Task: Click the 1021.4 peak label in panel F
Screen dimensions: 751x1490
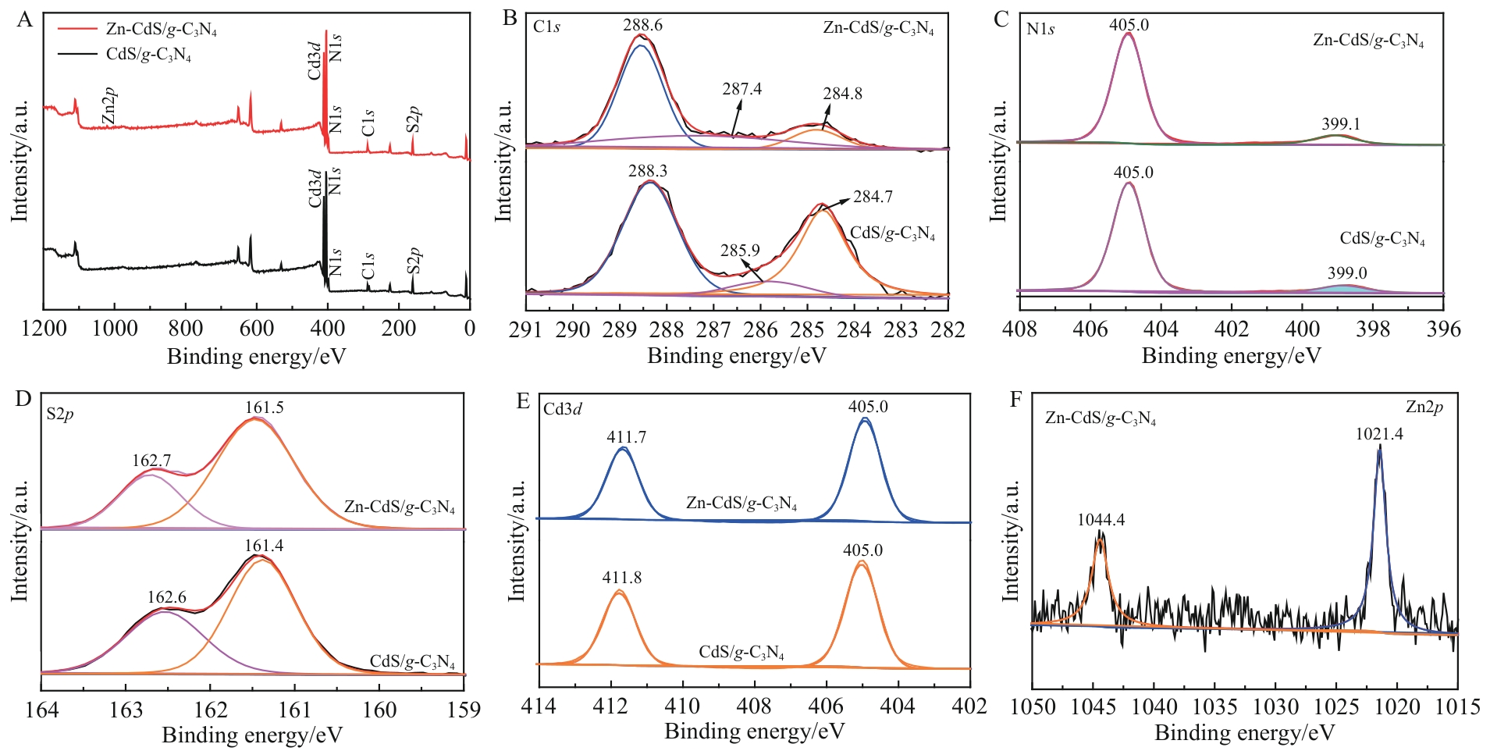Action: point(1379,435)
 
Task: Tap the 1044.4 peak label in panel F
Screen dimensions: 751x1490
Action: point(1101,520)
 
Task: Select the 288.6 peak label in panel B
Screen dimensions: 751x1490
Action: point(642,26)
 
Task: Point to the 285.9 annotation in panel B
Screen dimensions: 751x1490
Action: point(740,251)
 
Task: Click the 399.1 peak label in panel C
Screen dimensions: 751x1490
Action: point(1341,124)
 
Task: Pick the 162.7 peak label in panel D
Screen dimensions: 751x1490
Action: point(151,461)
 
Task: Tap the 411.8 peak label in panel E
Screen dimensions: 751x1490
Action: point(622,578)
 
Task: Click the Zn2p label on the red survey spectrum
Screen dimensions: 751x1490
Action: point(109,105)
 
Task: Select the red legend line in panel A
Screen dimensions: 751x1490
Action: point(77,29)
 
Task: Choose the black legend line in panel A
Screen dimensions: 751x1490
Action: point(77,54)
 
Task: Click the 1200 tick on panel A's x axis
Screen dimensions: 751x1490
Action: point(44,328)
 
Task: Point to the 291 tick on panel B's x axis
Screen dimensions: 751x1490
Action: point(525,329)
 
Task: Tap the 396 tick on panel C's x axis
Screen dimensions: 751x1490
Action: point(1443,329)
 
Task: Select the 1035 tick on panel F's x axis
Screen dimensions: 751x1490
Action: point(1214,707)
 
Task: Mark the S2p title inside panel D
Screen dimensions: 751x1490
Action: point(60,414)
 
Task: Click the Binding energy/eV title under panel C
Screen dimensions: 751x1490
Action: point(1231,356)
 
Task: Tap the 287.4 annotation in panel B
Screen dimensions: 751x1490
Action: point(741,89)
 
